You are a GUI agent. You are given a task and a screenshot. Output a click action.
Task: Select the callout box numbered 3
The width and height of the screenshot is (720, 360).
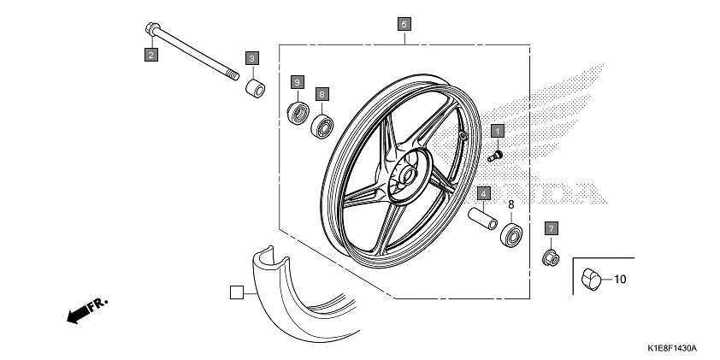[252, 57]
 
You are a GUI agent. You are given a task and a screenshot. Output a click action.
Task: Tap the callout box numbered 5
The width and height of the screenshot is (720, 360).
[404, 23]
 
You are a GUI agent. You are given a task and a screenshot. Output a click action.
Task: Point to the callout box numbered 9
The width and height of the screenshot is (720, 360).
[297, 81]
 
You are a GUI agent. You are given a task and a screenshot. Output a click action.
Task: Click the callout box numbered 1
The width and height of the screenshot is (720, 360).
[497, 131]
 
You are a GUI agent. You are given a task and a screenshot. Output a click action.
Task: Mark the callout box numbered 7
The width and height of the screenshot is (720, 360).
[552, 228]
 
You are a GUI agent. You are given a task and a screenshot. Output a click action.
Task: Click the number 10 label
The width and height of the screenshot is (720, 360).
[620, 279]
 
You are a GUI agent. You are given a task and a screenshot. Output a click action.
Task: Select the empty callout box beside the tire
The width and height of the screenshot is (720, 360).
[237, 292]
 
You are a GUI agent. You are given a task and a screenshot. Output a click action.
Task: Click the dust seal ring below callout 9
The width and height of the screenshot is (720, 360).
[298, 112]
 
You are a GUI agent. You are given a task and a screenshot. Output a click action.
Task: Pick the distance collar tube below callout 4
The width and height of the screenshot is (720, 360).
[482, 219]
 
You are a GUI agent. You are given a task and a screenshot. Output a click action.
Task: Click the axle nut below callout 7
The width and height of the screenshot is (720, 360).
[551, 256]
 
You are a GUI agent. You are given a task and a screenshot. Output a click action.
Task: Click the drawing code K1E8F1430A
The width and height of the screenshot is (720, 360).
[672, 349]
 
